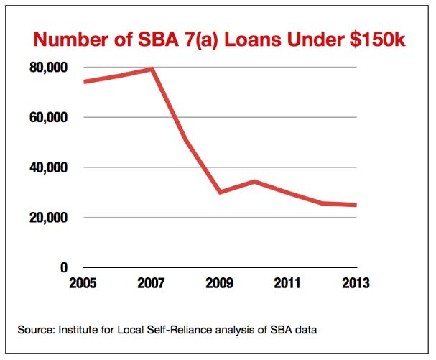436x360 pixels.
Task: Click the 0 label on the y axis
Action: pyautogui.click(x=63, y=267)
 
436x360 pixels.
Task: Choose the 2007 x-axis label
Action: pyautogui.click(x=151, y=282)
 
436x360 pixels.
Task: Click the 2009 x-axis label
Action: pyautogui.click(x=218, y=282)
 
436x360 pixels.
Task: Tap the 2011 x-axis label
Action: pyautogui.click(x=287, y=282)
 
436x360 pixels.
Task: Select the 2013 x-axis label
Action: pyautogui.click(x=354, y=282)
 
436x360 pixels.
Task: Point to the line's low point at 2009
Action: pyautogui.click(x=219, y=192)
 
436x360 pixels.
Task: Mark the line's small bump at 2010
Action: pyautogui.click(x=253, y=181)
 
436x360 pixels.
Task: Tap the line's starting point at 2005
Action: pyautogui.click(x=84, y=81)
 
